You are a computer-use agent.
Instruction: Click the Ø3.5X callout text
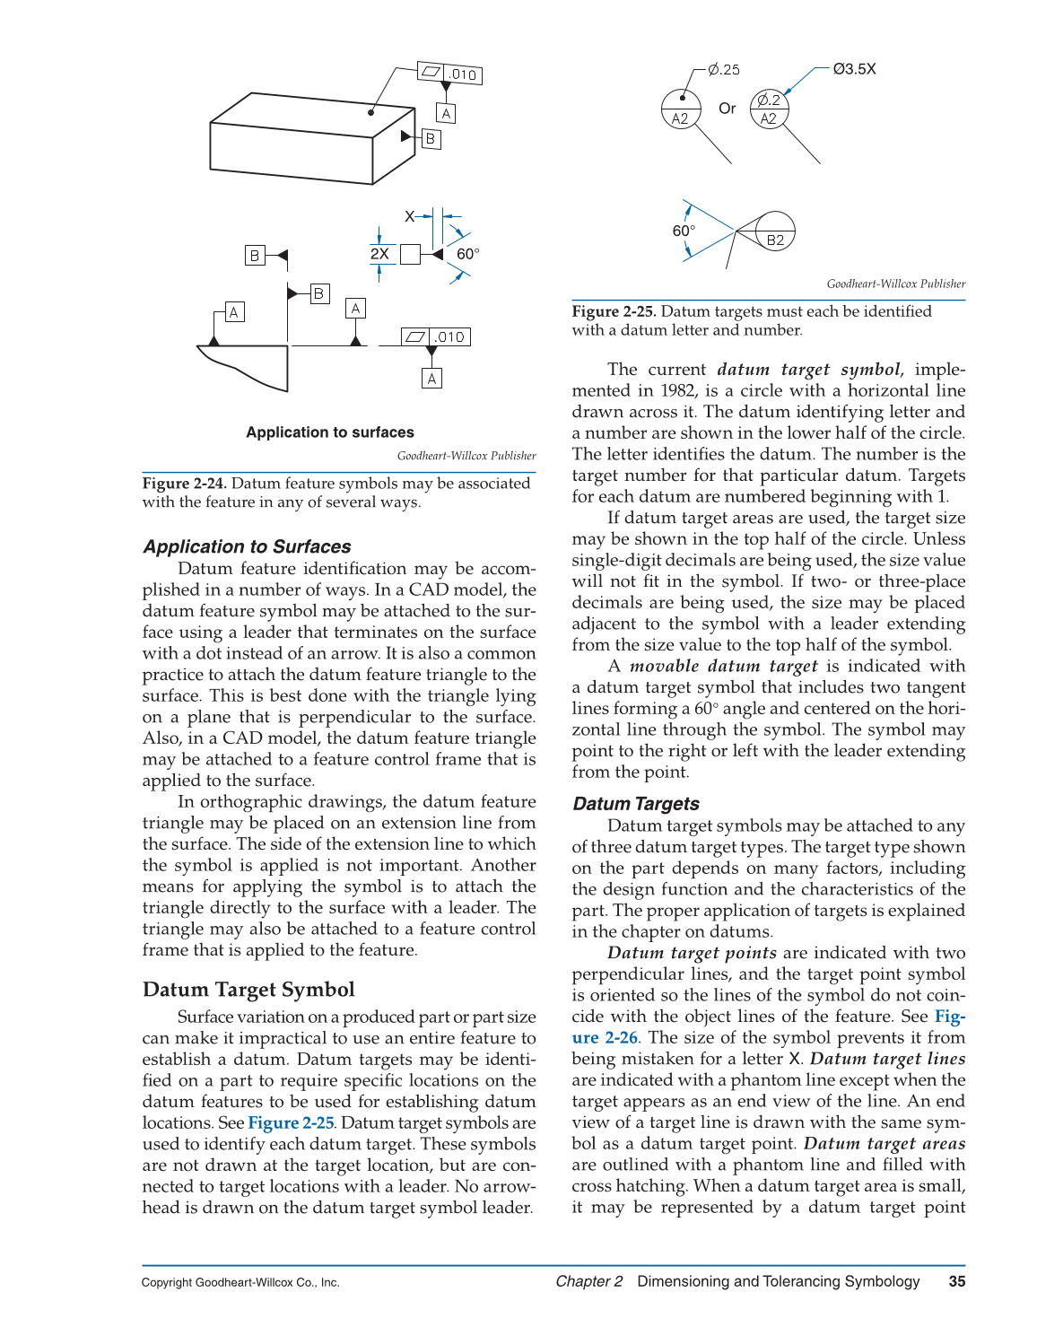tap(854, 69)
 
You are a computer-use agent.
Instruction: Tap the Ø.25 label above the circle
tap(724, 69)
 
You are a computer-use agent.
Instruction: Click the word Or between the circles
tap(728, 109)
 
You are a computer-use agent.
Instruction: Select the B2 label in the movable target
tap(775, 240)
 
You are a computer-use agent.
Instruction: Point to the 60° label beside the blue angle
tap(684, 231)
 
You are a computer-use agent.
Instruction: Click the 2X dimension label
tap(379, 254)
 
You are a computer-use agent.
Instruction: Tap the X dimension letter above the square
tap(410, 216)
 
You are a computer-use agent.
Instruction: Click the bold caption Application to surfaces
tap(330, 432)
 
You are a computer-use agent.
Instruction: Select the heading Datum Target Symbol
tap(248, 990)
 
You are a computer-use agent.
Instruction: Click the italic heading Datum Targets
tap(636, 804)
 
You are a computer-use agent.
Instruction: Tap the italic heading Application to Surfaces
tap(247, 546)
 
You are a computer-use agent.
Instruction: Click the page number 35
tap(957, 1281)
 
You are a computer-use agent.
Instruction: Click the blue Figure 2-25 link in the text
tap(291, 1123)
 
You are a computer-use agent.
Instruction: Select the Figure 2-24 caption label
tap(184, 484)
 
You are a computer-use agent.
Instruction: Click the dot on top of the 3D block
tap(371, 113)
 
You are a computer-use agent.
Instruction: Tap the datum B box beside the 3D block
tap(431, 138)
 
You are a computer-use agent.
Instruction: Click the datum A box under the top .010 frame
tap(446, 113)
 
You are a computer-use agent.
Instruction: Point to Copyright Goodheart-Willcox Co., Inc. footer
tap(240, 1282)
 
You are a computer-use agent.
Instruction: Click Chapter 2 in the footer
tap(588, 1281)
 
